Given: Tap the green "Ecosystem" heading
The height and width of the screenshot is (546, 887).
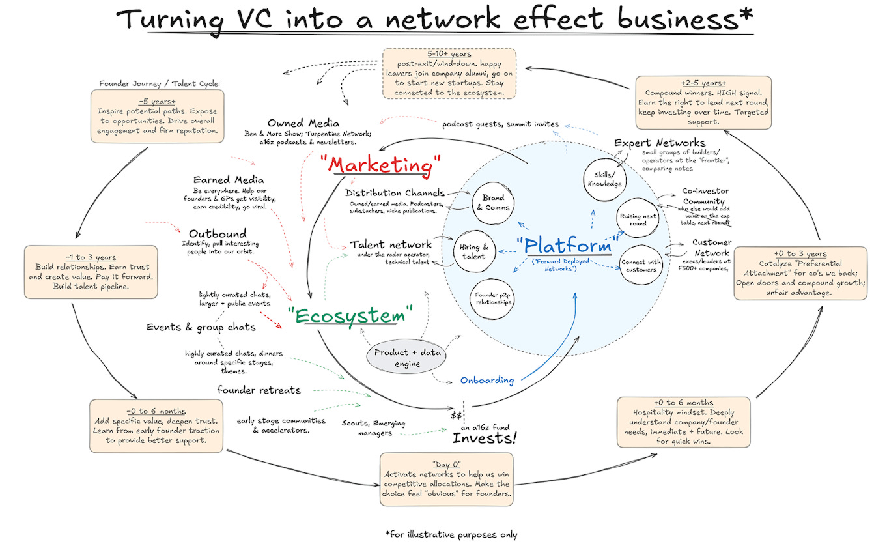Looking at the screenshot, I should click(352, 316).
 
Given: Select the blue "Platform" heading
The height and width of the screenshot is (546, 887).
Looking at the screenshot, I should click(568, 246).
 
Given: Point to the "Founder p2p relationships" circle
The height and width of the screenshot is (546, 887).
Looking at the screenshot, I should click(492, 299).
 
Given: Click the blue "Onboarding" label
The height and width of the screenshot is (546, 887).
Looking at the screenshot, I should click(486, 380).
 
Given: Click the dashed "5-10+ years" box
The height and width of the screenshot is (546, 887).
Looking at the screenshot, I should click(448, 73).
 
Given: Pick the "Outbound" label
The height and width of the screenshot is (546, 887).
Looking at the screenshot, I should click(218, 233).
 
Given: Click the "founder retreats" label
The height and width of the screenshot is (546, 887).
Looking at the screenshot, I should click(259, 390).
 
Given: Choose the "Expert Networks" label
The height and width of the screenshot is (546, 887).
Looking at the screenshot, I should click(659, 142).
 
